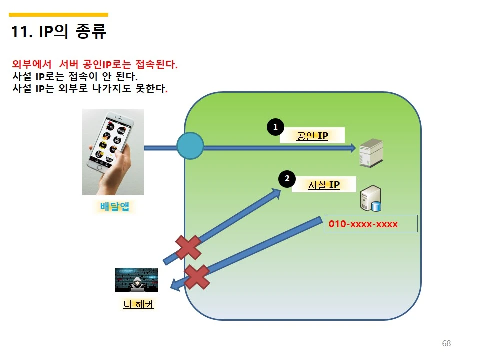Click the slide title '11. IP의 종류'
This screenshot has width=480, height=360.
pos(59,32)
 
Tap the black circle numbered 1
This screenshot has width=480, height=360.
pos(275,127)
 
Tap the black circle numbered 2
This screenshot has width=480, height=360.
pos(287,178)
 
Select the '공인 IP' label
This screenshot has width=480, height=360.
pos(312,135)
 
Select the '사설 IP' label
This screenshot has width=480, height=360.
pos(323,185)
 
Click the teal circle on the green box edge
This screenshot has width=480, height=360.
pos(190,146)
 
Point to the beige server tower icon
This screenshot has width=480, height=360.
pos(370,153)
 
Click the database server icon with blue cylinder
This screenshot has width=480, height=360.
pos(371,198)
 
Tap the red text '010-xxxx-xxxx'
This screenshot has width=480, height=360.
pos(363,224)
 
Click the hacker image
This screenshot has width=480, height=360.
pos(136,280)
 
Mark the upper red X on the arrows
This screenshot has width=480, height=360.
pos(188,247)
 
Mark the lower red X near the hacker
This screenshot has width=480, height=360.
pos(197,277)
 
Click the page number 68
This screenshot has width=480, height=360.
pos(446,343)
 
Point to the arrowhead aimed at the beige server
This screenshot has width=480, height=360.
pos(352,148)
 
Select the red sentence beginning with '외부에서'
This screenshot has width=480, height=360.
pos(95,65)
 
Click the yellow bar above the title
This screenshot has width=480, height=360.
pos(59,15)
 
